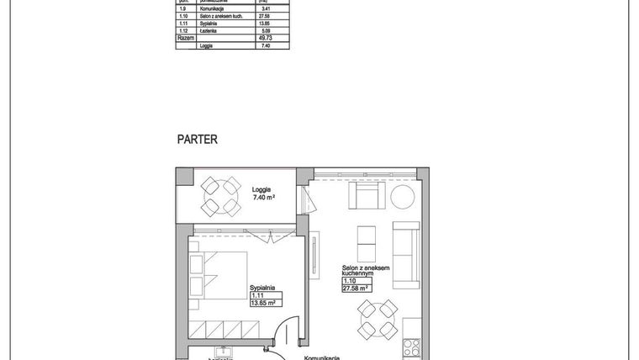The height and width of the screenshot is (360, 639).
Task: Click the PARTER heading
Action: tap(198, 139)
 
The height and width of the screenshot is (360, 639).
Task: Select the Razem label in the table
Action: tap(185, 39)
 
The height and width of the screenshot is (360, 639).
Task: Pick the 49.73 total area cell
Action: tap(265, 39)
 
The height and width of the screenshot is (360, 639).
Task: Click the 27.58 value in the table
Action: tap(265, 16)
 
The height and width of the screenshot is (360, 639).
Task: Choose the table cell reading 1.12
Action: tap(185, 31)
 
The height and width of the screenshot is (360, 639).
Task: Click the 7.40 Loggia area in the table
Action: tap(265, 46)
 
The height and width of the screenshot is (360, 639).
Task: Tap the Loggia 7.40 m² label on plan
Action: tap(264, 193)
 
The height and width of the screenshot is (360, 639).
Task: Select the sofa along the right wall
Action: tap(406, 253)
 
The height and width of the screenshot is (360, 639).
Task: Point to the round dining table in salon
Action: tap(376, 320)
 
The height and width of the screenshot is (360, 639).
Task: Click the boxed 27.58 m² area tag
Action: tap(356, 288)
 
